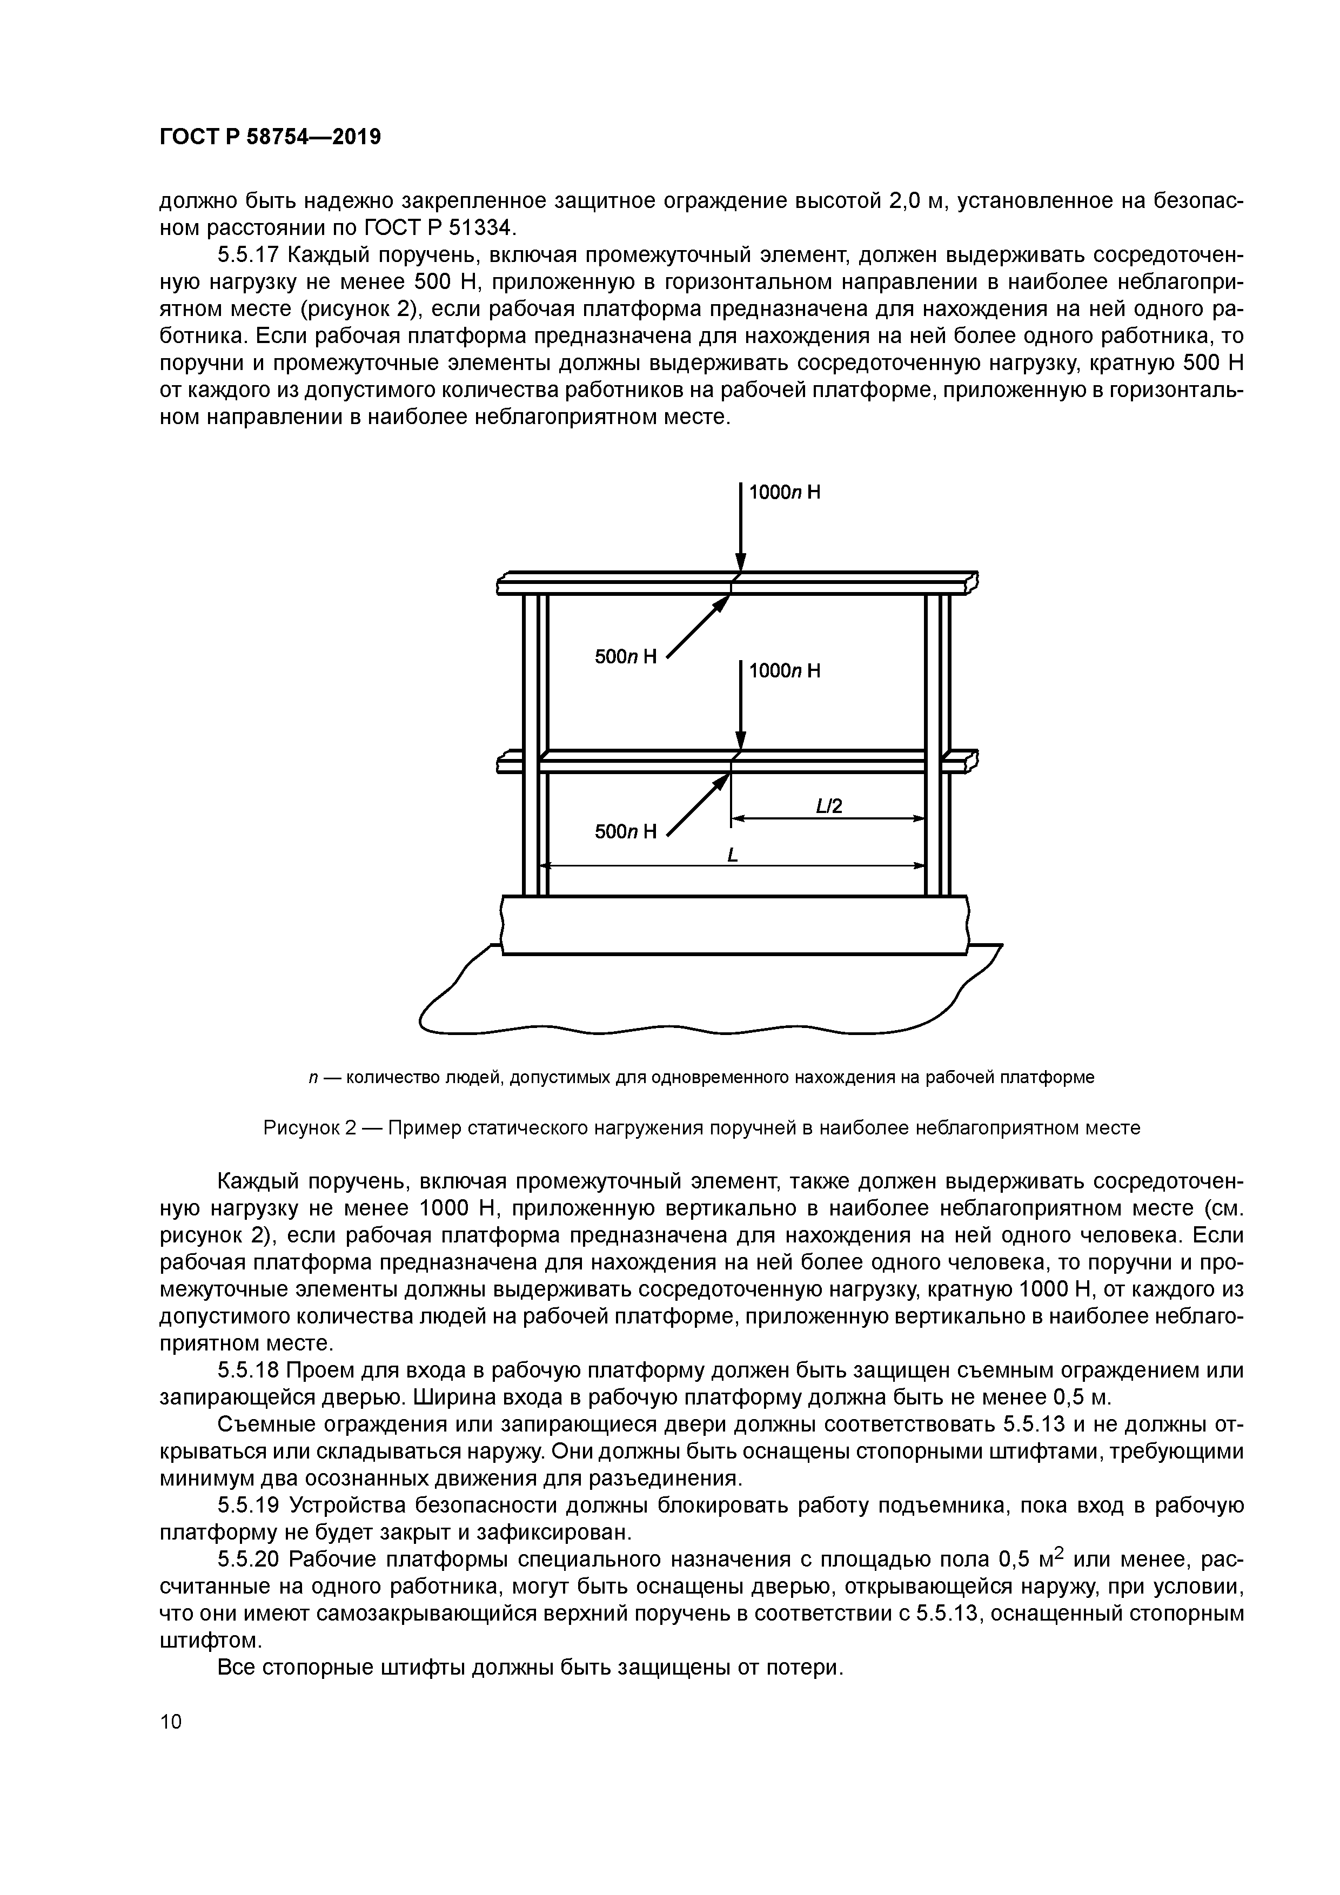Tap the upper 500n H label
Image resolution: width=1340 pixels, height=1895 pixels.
(x=625, y=656)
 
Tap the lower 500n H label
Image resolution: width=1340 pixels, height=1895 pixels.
(x=625, y=831)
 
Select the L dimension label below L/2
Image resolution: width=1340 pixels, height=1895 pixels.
(x=732, y=856)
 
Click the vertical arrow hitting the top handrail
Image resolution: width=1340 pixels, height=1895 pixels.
(x=741, y=528)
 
